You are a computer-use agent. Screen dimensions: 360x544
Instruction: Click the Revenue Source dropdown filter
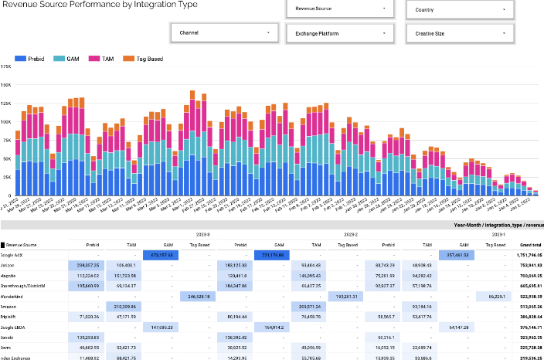[339, 10]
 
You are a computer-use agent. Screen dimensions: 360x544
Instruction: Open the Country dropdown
[459, 10]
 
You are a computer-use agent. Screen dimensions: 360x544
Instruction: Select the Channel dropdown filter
[223, 33]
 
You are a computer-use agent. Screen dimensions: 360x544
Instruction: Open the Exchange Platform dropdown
[339, 33]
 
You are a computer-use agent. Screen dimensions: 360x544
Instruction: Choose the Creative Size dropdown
[459, 33]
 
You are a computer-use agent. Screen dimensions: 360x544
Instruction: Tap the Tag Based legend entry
[139, 59]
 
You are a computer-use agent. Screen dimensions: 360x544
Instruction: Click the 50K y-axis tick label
[6, 158]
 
